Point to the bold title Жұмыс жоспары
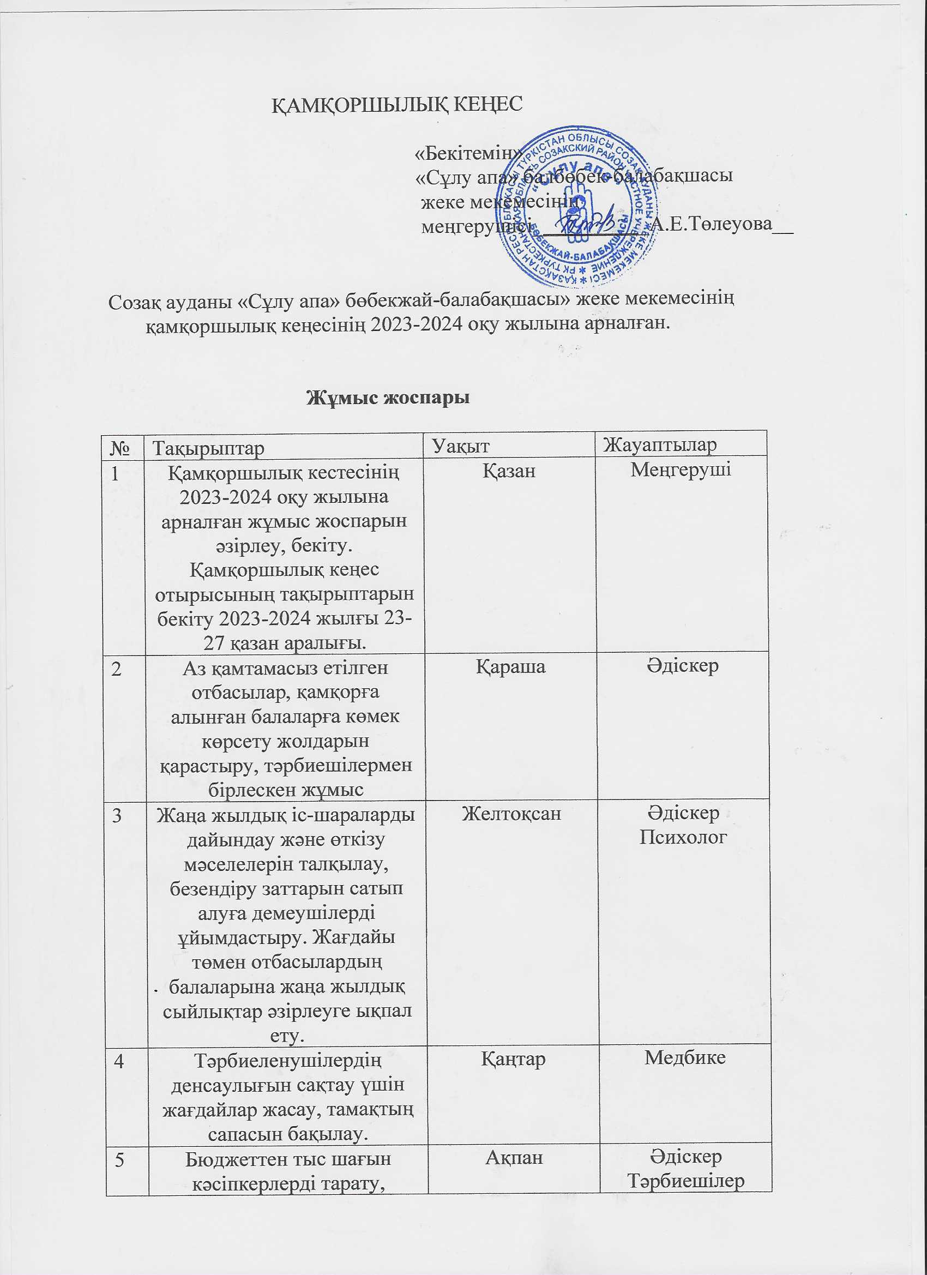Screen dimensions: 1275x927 coord(387,398)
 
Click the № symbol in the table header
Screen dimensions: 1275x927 coord(123,448)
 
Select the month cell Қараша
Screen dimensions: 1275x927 coord(510,666)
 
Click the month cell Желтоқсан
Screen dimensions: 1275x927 coord(511,813)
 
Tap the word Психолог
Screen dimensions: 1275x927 coord(683,837)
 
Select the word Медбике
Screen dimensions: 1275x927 coord(685,1057)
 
